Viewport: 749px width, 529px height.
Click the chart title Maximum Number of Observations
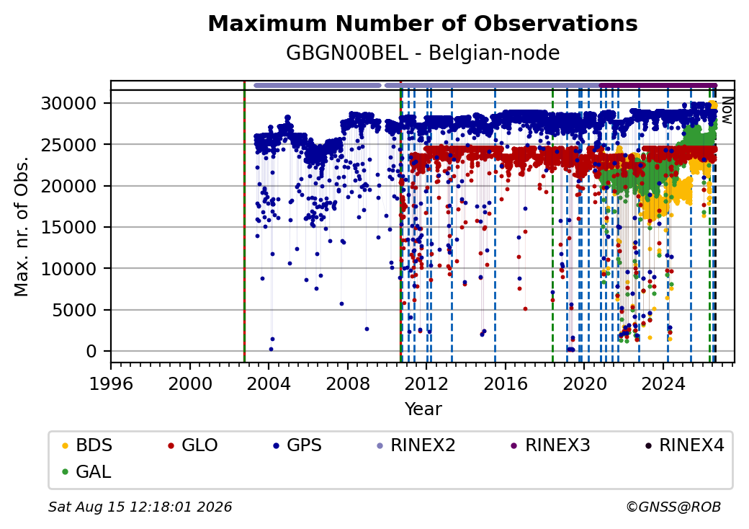pos(423,23)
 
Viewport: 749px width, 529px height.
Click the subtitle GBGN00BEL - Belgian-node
pos(423,53)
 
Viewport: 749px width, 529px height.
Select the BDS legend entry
pos(87,445)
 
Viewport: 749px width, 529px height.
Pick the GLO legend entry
pos(193,445)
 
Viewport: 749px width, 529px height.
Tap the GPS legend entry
pos(297,445)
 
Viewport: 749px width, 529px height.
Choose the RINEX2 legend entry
pos(416,445)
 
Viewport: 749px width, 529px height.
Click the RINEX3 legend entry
pos(551,445)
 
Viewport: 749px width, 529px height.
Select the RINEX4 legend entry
pos(685,445)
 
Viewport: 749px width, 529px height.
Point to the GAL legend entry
pos(87,471)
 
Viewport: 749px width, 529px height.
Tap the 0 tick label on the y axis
pos(91,351)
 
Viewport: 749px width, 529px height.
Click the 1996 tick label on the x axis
pos(112,383)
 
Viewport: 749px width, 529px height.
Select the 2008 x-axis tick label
pos(348,383)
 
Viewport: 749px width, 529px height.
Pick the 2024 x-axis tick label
pos(663,383)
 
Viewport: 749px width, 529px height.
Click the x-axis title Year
pos(423,409)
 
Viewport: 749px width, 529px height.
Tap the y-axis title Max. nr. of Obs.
pos(22,226)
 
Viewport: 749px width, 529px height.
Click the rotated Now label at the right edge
pos(727,110)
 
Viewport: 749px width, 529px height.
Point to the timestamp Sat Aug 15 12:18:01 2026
pos(140,507)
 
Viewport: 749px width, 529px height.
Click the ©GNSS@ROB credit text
pos(673,507)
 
